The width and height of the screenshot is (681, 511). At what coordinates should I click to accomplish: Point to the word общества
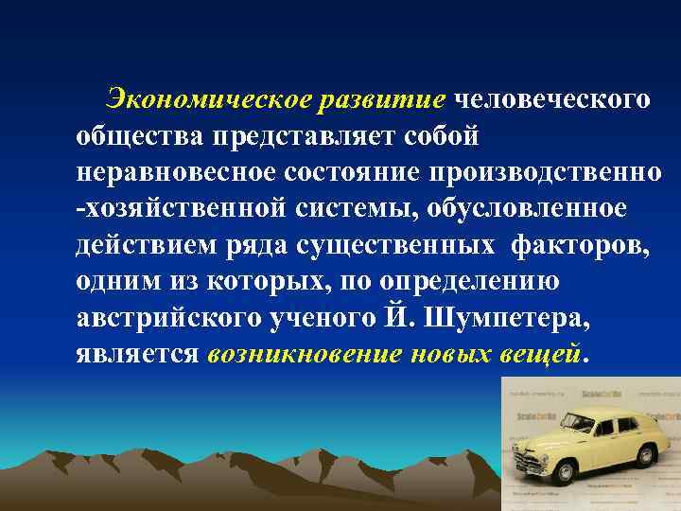tap(141, 136)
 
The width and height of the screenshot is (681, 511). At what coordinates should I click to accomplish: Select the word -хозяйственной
tap(169, 208)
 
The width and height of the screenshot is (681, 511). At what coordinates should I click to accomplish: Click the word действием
tap(145, 245)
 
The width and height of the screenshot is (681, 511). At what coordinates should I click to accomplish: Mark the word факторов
tap(583, 245)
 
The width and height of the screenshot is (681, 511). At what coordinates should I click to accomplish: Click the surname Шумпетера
tap(510, 319)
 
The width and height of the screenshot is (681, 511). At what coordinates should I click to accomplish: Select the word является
tap(137, 355)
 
